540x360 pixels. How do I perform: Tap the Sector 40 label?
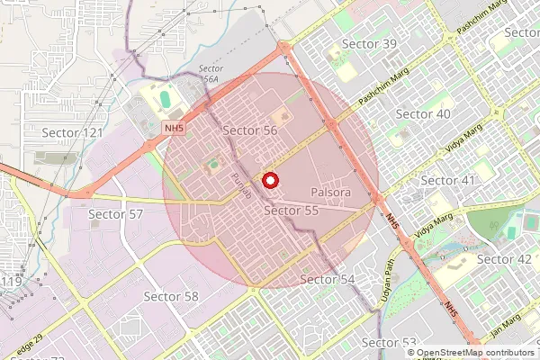pyautogui.click(x=423, y=114)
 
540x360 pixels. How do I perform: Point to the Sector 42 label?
pyautogui.click(x=504, y=259)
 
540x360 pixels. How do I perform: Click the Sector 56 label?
pyautogui.click(x=249, y=130)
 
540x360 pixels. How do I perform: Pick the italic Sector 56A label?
pyautogui.click(x=210, y=74)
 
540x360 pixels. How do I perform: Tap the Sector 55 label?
pyautogui.click(x=292, y=211)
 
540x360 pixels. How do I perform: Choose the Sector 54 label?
pyautogui.click(x=328, y=280)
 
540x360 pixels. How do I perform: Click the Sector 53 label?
pyautogui.click(x=389, y=343)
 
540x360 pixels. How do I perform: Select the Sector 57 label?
pyautogui.click(x=116, y=214)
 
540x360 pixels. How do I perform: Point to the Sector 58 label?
pyautogui.click(x=171, y=296)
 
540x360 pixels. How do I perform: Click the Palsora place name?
pyautogui.click(x=330, y=193)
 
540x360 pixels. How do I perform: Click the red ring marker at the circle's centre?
pyautogui.click(x=268, y=181)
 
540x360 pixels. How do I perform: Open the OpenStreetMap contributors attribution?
pyautogui.click(x=475, y=353)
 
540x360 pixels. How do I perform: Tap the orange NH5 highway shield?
pyautogui.click(x=174, y=129)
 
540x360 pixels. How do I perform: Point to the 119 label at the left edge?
pyautogui.click(x=11, y=283)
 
